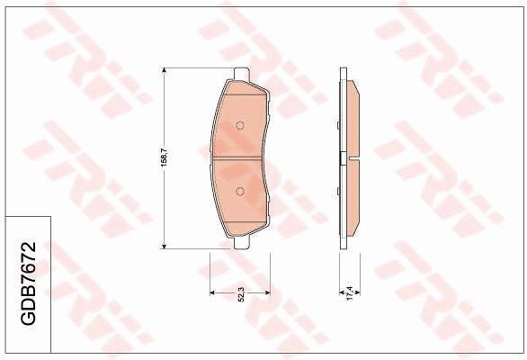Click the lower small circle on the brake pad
click(x=239, y=190)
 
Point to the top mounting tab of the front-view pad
click(x=239, y=76)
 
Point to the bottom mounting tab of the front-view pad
click(x=239, y=242)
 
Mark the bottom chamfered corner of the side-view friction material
click(x=354, y=232)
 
